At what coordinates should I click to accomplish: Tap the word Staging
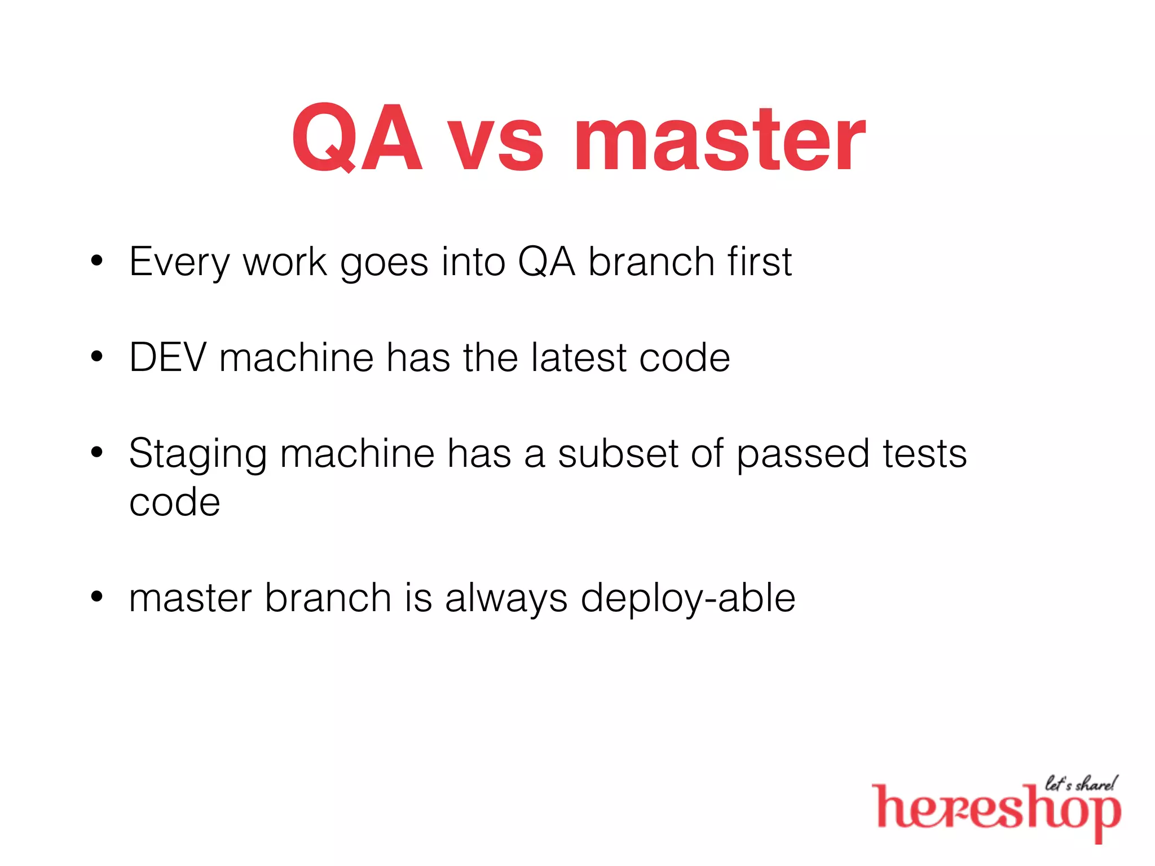(197, 454)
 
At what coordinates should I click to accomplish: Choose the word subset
(618, 453)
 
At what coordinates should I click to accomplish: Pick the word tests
(925, 453)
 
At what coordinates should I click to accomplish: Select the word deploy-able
(688, 599)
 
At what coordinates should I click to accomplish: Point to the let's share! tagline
(1080, 784)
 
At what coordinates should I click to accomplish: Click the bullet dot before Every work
(97, 261)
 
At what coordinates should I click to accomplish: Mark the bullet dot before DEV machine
(97, 357)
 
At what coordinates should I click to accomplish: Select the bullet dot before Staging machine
(97, 452)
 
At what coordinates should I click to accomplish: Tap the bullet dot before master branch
(97, 597)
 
